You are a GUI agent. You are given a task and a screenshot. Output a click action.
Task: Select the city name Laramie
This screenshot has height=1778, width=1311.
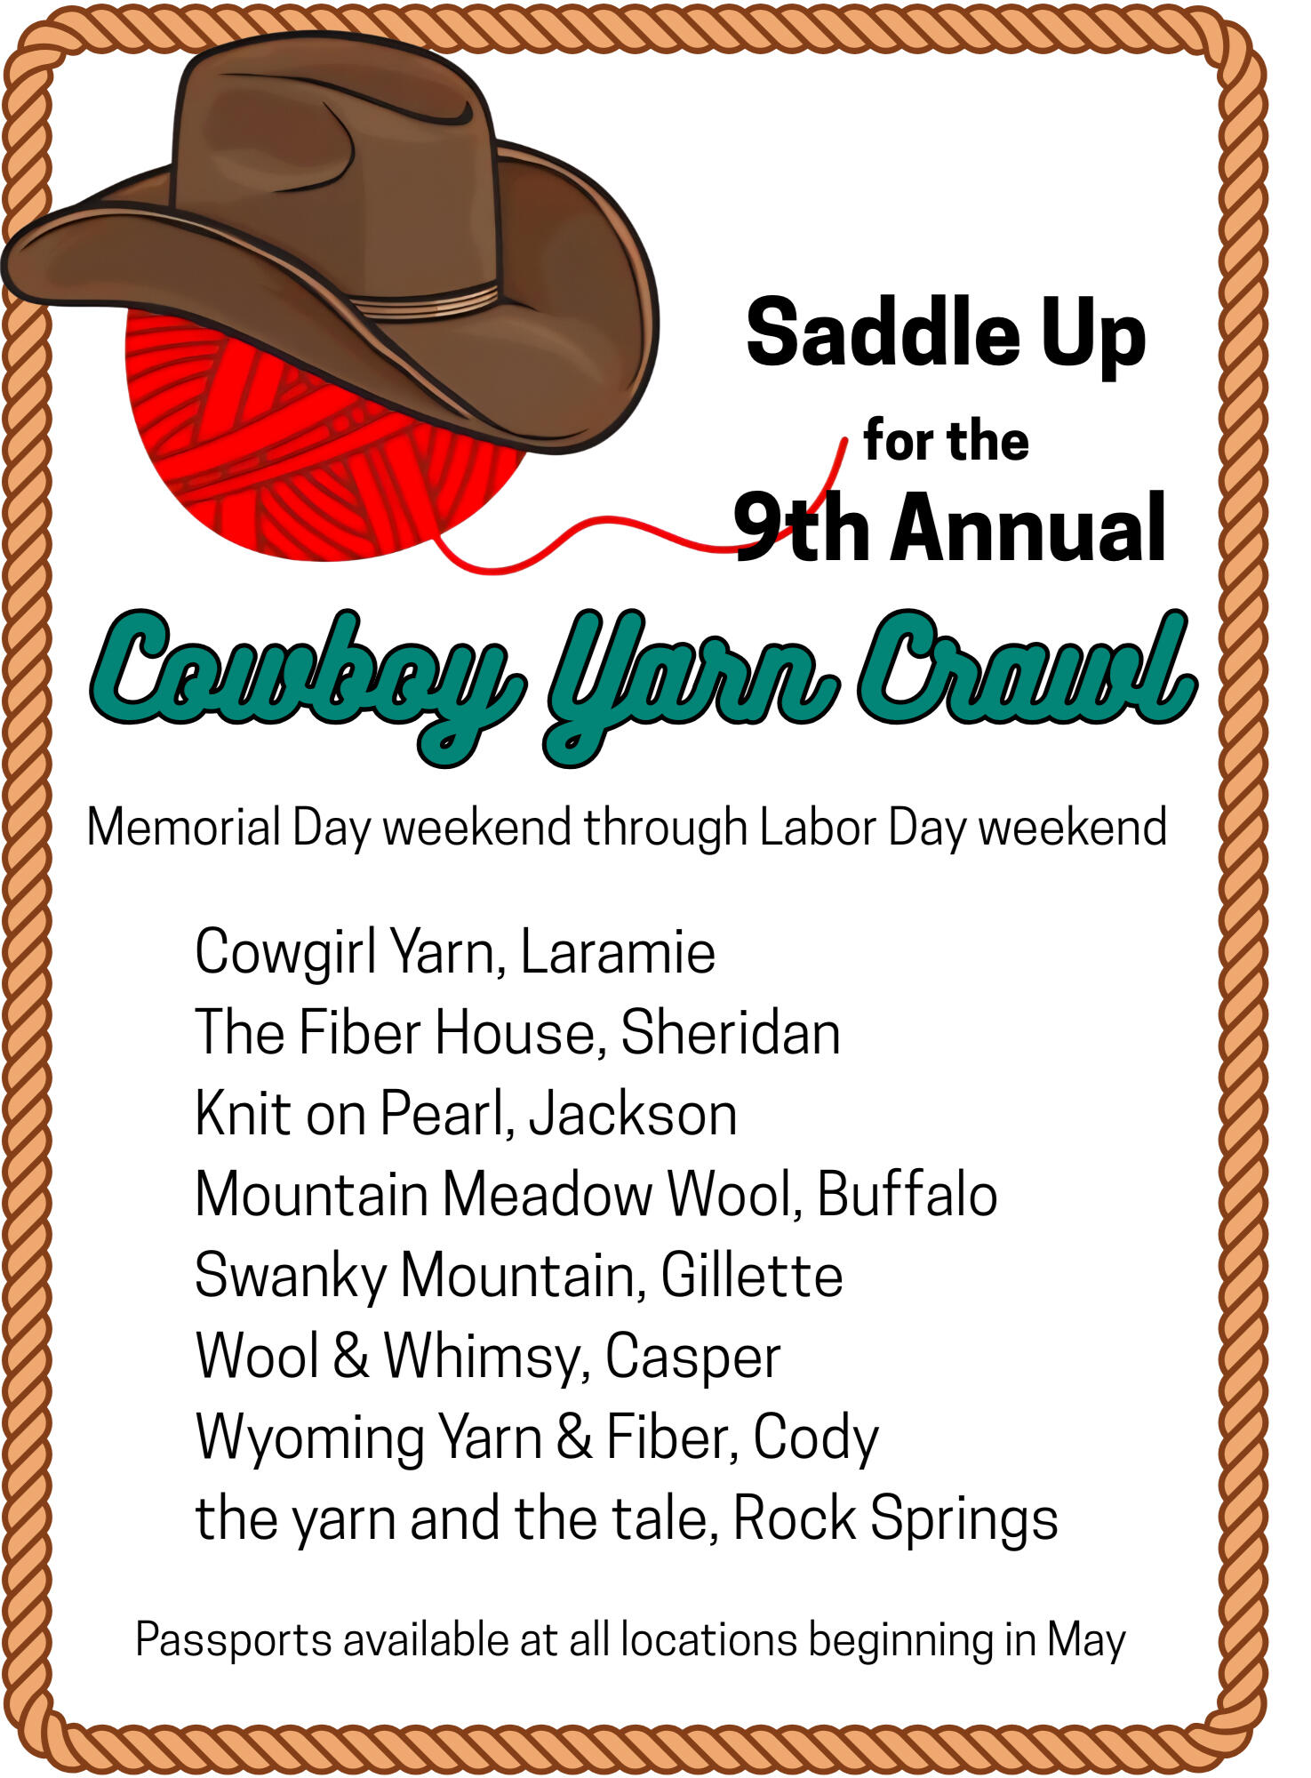tap(618, 952)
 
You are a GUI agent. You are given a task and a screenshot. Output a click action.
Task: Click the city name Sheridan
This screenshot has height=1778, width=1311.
tap(731, 1033)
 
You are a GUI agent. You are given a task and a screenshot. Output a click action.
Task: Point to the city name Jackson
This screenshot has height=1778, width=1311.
tap(633, 1114)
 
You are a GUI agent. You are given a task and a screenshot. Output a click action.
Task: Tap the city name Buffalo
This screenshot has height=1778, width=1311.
tap(907, 1194)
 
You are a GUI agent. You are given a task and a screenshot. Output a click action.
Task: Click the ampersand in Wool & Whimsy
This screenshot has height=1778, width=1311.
tap(351, 1356)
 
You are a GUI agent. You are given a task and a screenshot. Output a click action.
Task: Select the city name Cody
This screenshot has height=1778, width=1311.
tap(816, 1439)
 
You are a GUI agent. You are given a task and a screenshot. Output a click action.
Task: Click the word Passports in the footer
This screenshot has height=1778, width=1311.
tap(234, 1640)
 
